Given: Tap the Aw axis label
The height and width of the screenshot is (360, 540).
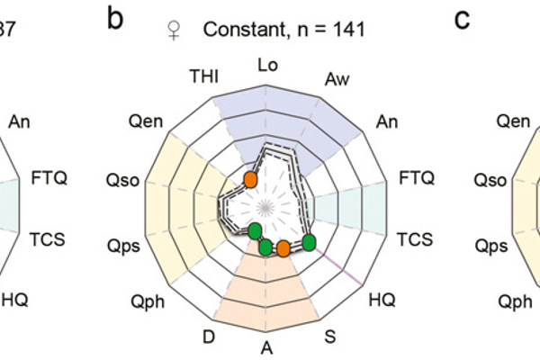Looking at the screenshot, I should coord(336,80).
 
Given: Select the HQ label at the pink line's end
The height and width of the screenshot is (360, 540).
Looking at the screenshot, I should coord(382,297).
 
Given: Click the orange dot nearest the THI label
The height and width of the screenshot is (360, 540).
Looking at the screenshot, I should coord(251,180).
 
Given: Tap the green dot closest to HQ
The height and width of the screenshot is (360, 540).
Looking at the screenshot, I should coord(308,241).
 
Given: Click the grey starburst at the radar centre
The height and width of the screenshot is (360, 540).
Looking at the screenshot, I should coord(267,206).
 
